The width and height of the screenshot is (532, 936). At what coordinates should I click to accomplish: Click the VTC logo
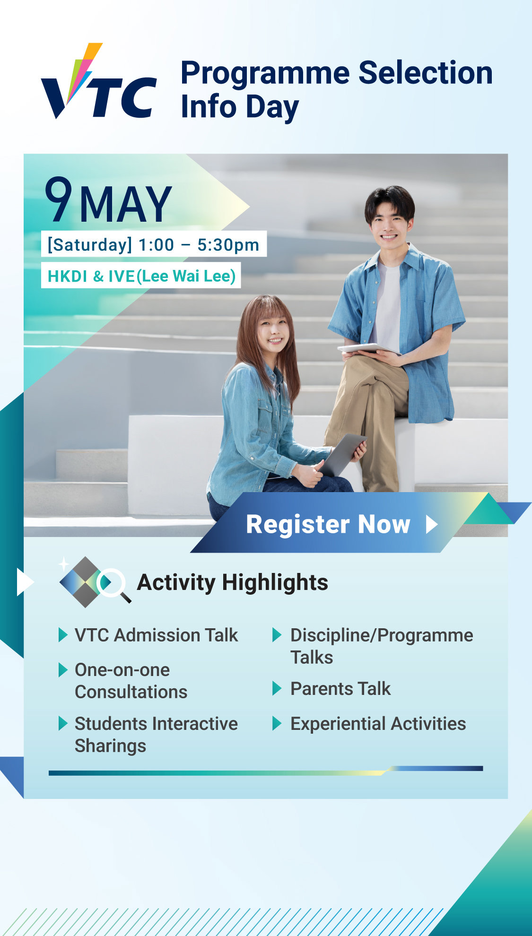[x=99, y=81]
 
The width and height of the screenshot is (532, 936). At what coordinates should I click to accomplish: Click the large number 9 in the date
[x=59, y=199]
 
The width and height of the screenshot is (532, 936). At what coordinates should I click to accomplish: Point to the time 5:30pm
[x=228, y=245]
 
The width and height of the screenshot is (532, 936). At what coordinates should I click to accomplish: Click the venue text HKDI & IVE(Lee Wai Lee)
[x=141, y=276]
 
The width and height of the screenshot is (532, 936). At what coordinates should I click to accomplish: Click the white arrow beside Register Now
[x=432, y=524]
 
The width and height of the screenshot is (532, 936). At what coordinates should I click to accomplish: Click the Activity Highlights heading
[x=232, y=582]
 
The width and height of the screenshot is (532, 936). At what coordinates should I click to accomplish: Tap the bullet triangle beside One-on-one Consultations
[x=63, y=670]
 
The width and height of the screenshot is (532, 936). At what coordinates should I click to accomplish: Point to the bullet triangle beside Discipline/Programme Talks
[x=277, y=635]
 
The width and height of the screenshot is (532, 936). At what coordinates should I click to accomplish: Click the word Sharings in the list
[x=110, y=746]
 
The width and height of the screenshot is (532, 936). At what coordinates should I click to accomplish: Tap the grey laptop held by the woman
[x=342, y=455]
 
